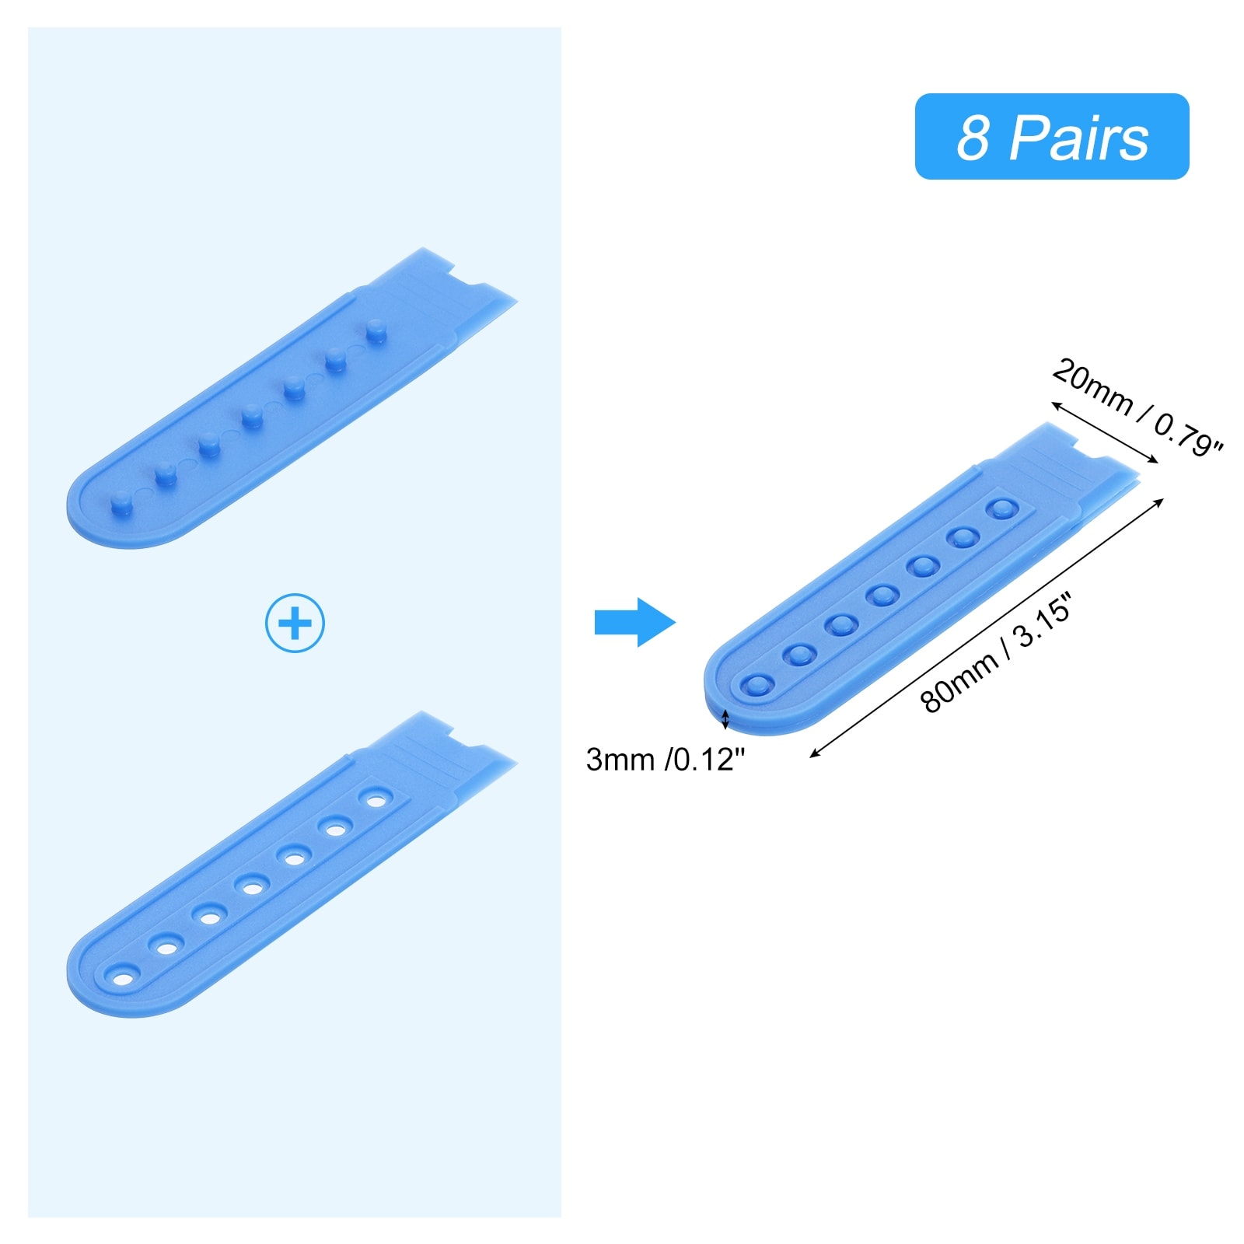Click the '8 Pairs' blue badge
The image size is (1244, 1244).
pos(1051,137)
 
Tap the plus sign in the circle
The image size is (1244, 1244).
pos(295,623)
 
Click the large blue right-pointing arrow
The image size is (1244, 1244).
pos(634,622)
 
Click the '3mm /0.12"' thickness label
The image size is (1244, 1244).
pos(665,760)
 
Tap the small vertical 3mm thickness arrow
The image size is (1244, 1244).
pos(725,719)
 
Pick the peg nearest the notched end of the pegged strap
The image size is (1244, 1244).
pos(376,330)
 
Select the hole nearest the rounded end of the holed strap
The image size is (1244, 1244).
pos(123,977)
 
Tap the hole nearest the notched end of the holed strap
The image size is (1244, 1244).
pos(376,799)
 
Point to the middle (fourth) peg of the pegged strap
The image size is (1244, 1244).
pos(250,417)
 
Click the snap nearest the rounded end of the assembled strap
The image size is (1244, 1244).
pos(757,685)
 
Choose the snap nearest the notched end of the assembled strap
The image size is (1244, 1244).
pos(1001,509)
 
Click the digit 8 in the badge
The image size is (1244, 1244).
pos(973,138)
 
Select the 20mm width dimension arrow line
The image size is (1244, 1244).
pos(1104,432)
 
